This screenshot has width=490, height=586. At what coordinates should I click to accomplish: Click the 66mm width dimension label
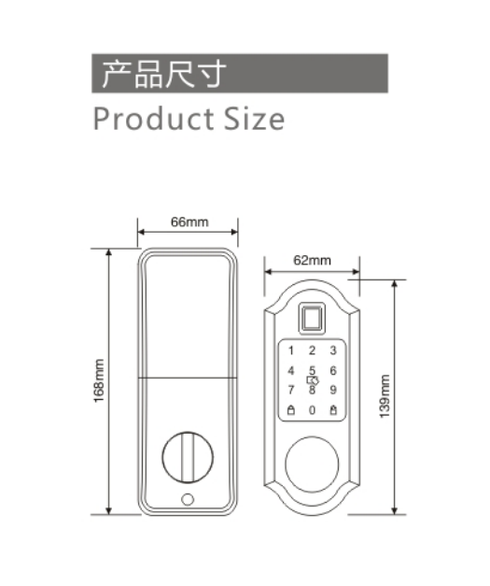[189, 222]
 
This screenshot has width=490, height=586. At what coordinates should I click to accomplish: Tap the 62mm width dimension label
[312, 260]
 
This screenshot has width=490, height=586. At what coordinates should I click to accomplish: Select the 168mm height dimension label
[99, 380]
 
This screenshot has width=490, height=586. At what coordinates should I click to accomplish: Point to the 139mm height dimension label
[385, 396]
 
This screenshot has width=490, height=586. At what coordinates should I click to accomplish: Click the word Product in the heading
[153, 119]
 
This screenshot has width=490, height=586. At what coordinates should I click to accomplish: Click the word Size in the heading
[254, 119]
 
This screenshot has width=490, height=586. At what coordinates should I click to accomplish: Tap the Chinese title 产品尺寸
[164, 74]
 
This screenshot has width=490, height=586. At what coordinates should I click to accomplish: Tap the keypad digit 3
[333, 350]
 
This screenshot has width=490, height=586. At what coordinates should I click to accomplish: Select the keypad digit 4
[291, 370]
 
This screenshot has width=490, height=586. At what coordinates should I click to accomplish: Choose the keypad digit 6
[333, 370]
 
